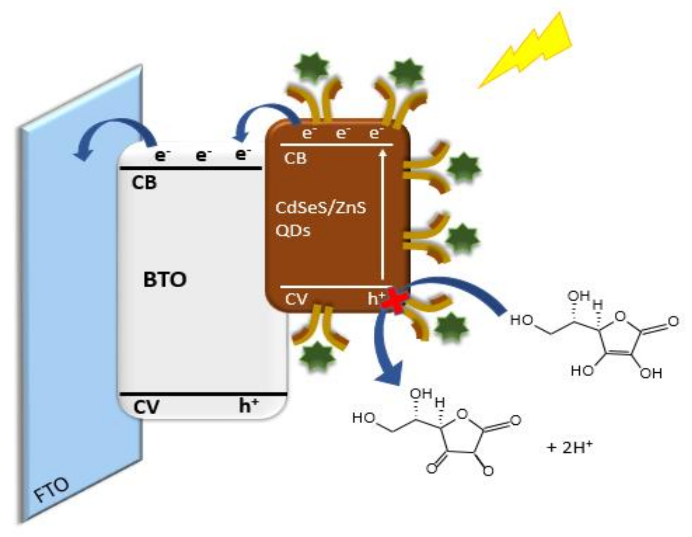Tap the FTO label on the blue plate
52,490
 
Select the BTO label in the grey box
165,280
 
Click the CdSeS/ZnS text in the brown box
321,208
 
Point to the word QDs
293,231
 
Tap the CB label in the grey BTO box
144,183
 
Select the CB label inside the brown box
295,158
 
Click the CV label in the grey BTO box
146,407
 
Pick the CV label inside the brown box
296,299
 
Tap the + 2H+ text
569,447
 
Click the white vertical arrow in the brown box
383,215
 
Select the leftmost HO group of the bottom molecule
363,418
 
